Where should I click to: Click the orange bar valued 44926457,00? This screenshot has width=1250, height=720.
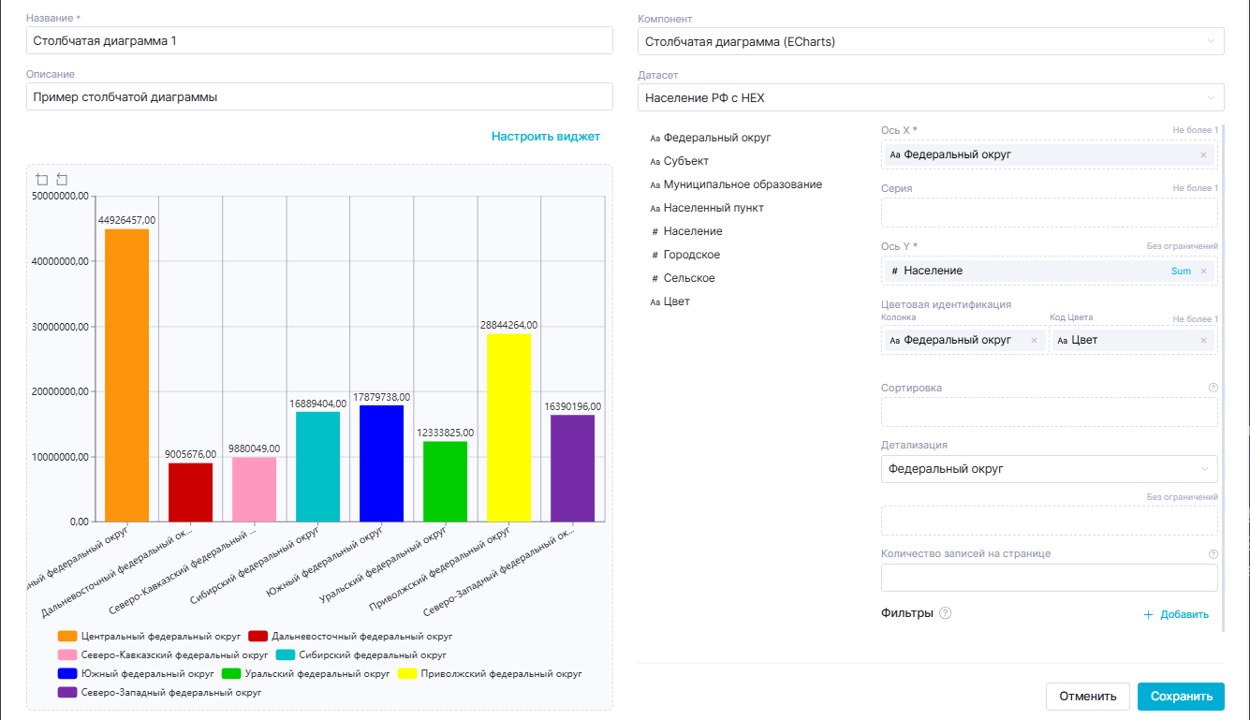click(x=126, y=375)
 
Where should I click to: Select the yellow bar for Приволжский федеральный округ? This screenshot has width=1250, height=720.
click(x=508, y=427)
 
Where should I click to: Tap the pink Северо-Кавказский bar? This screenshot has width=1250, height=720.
click(x=254, y=489)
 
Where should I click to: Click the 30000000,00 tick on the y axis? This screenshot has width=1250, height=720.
click(x=60, y=327)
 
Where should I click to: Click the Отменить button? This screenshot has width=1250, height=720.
click(x=1087, y=696)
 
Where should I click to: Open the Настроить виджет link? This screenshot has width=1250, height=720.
click(x=545, y=137)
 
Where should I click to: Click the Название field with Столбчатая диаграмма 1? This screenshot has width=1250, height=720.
click(x=319, y=41)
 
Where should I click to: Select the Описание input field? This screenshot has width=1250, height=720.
click(x=319, y=96)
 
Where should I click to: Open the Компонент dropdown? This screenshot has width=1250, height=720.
click(x=931, y=41)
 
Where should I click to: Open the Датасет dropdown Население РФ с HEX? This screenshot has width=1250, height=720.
click(x=931, y=96)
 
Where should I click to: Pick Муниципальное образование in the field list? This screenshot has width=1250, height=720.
click(x=742, y=184)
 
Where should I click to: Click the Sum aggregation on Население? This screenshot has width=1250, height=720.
click(x=1181, y=271)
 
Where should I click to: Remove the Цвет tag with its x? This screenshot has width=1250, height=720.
click(x=1203, y=341)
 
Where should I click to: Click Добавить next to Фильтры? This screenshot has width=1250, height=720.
click(x=1176, y=615)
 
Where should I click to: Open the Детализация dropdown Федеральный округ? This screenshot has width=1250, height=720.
click(x=1049, y=469)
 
